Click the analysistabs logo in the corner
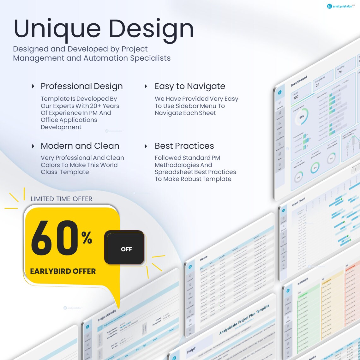[x=341, y=6]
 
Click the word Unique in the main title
[x=57, y=29]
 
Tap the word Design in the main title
[x=151, y=29]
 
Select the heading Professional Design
[x=81, y=86]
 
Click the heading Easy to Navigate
[x=190, y=86]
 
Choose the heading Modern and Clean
[x=80, y=146]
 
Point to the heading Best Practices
[x=184, y=146]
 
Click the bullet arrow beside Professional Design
[x=33, y=86]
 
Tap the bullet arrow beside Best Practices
[x=146, y=146]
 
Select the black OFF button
[x=126, y=249]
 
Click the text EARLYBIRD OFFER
[x=63, y=271]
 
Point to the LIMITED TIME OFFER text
[x=62, y=199]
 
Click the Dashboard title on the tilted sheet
[x=299, y=81]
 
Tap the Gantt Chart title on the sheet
[x=298, y=202]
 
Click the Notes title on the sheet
[x=204, y=258]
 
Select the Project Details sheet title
[x=107, y=315]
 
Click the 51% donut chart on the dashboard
[x=302, y=117]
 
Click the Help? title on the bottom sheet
[x=191, y=350]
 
